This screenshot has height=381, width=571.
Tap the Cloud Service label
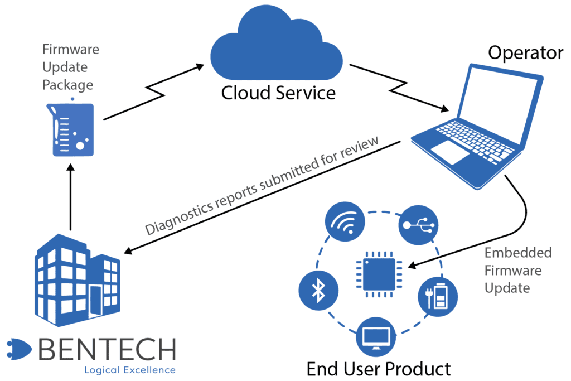point(278,93)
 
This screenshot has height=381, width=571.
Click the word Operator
point(525,53)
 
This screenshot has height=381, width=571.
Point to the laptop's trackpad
point(450,152)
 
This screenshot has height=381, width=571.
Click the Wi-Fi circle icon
point(345,221)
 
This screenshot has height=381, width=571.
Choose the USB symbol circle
point(418,225)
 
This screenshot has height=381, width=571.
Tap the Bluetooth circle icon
point(318,291)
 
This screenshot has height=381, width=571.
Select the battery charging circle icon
point(438,296)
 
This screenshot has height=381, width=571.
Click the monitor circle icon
point(376,337)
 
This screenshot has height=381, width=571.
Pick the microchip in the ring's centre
point(379,274)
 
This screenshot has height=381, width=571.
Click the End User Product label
point(379,369)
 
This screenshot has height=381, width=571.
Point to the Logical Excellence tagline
point(130,370)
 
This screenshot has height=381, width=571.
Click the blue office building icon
point(78,280)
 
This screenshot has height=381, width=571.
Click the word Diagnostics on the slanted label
point(179,217)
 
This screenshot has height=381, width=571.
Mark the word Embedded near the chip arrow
point(518,253)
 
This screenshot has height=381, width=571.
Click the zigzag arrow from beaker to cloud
point(154,92)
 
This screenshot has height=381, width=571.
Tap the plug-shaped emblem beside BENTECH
point(19,349)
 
